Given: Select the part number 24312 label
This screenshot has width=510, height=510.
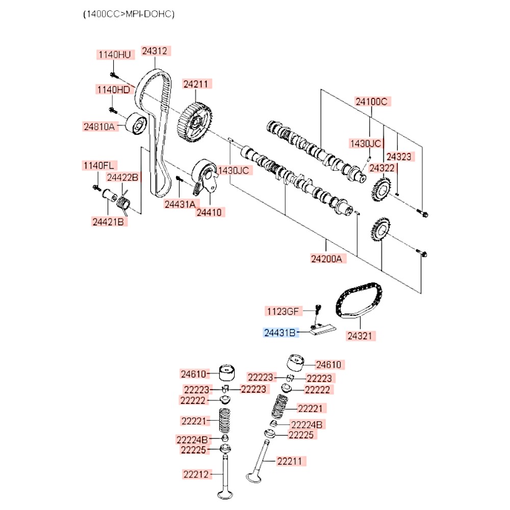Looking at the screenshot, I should (x=155, y=51).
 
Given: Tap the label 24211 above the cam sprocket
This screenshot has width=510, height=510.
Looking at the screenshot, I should (x=198, y=84).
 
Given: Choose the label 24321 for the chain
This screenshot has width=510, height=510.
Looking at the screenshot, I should (x=362, y=336).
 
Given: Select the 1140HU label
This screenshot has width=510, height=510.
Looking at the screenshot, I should (x=114, y=54).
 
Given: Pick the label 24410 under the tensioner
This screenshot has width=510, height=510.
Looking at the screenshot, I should (x=210, y=212).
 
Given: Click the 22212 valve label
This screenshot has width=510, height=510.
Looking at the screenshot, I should (x=196, y=474).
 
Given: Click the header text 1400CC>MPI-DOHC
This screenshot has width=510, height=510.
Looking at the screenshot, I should (x=129, y=14).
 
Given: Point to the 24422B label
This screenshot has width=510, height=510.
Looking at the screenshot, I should (x=122, y=177).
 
